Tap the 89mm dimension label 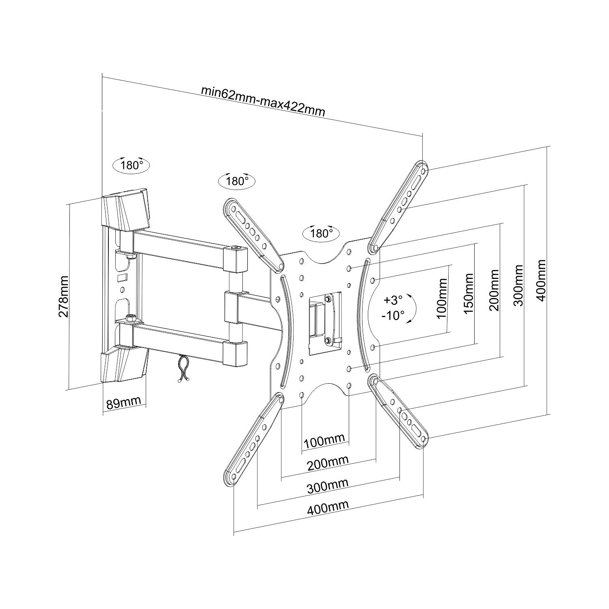click(x=123, y=403)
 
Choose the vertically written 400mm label click(x=541, y=281)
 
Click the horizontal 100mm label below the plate click(x=324, y=440)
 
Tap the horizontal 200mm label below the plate click(x=328, y=462)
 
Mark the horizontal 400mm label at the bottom click(x=328, y=508)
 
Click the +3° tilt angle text click(x=393, y=300)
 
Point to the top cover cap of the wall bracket click(x=126, y=211)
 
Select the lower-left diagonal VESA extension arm click(x=255, y=438)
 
